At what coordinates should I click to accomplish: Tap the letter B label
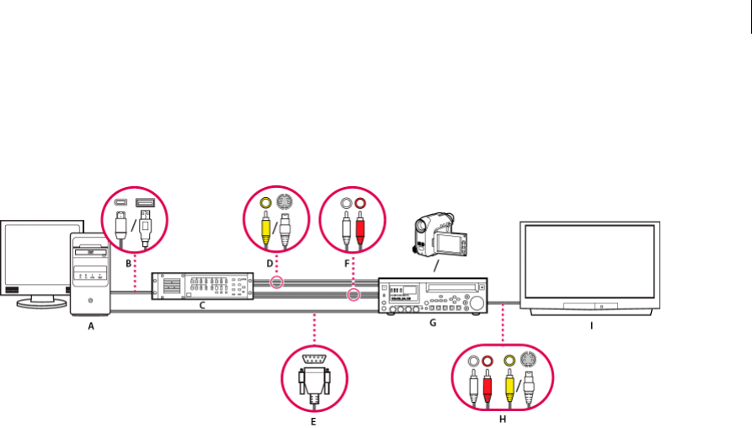[x=128, y=264]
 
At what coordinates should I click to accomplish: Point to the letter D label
[x=270, y=264]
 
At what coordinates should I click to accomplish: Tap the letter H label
[x=502, y=419]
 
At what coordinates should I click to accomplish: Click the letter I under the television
[x=590, y=324]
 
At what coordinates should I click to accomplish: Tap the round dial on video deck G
[x=476, y=303]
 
